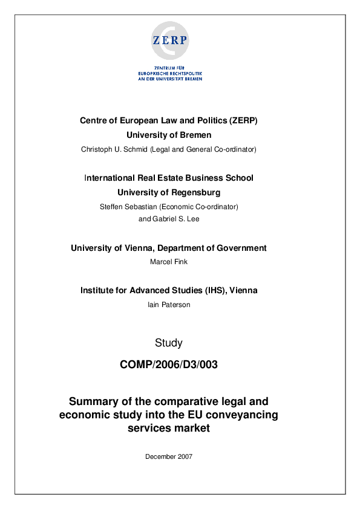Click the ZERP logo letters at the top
170,41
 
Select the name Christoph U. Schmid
114,149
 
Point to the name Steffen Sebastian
128,206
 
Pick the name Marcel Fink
169,262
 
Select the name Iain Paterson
169,305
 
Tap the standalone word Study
169,343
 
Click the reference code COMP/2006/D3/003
169,365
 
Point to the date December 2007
169,456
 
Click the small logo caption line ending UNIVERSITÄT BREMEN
170,79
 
